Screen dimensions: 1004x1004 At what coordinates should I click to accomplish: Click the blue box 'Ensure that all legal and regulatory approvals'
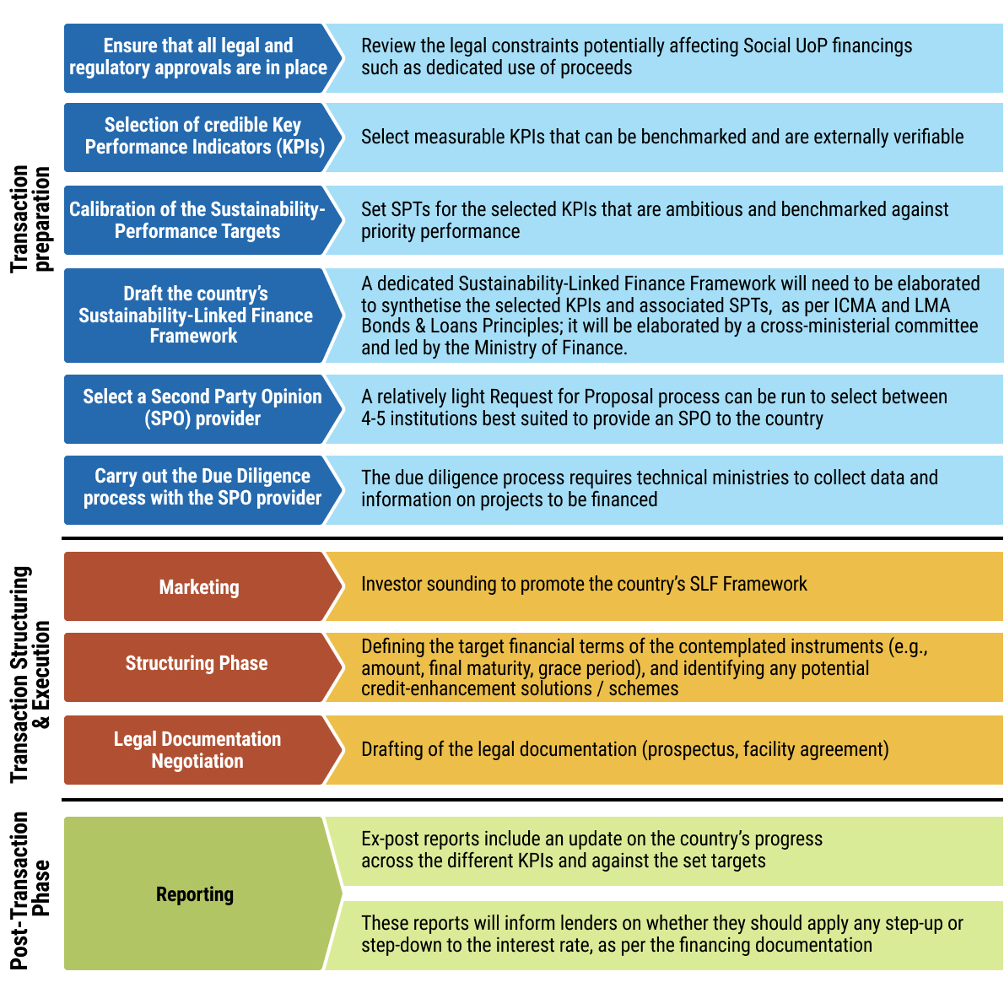tap(198, 57)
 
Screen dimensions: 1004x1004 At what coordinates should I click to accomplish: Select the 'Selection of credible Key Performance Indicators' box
tap(202, 137)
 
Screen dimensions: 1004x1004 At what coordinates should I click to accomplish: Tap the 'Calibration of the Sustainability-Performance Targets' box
tap(197, 220)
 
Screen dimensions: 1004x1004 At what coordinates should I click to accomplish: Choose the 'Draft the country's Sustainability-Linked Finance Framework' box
tap(196, 315)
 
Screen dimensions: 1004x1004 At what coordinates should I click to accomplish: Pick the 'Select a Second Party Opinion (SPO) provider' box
tap(202, 408)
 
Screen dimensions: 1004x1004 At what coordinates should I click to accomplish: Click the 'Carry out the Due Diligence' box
tap(202, 488)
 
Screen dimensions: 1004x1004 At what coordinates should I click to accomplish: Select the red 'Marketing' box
tap(199, 587)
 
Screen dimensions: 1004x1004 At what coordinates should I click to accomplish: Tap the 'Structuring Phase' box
tap(197, 664)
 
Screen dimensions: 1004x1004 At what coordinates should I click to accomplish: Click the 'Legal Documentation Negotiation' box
tap(197, 750)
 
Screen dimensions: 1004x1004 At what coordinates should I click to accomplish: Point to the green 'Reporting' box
tap(195, 894)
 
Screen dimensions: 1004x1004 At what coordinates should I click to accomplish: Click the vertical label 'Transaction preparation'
tap(31, 219)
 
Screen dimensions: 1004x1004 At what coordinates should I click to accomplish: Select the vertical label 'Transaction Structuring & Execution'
tap(31, 675)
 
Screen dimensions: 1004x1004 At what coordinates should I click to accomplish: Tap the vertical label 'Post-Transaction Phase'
tap(31, 891)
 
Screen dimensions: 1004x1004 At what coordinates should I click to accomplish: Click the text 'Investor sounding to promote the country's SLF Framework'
tap(584, 585)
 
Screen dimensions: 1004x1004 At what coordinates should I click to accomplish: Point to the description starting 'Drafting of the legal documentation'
tap(624, 750)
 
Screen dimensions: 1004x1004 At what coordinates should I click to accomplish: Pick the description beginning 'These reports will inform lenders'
tap(661, 934)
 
